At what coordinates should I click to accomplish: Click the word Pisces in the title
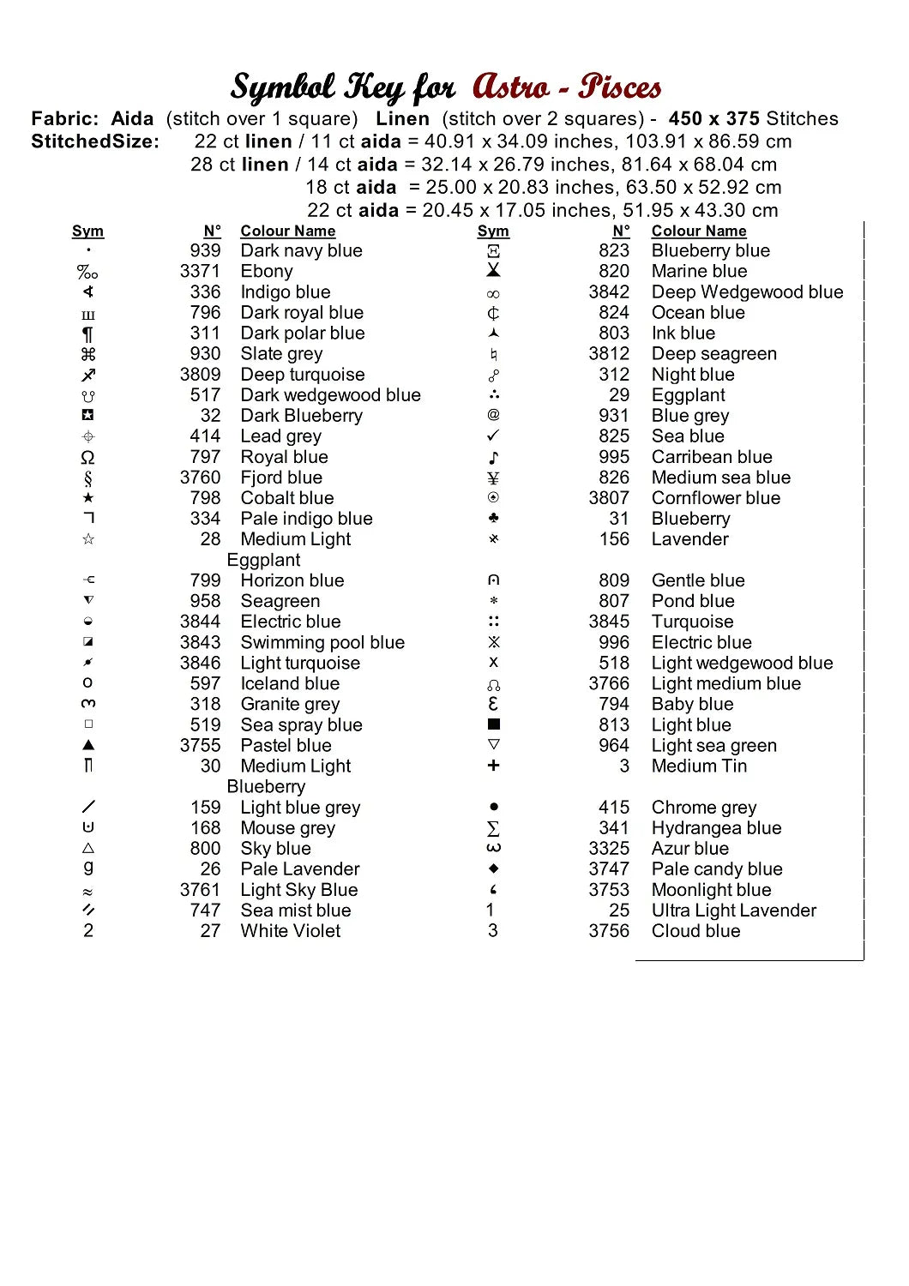click(x=619, y=87)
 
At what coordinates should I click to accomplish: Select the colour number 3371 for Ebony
click(x=200, y=272)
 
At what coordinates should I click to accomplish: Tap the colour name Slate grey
click(x=281, y=354)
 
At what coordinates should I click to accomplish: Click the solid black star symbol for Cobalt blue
click(x=88, y=498)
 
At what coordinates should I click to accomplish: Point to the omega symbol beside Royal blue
click(x=88, y=457)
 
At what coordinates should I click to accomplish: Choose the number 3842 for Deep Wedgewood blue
click(x=609, y=292)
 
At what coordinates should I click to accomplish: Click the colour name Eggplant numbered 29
click(x=688, y=395)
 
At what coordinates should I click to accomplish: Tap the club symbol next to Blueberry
click(x=493, y=518)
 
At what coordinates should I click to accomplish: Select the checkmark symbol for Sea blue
click(x=493, y=436)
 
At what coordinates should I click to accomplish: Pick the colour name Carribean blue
click(x=712, y=457)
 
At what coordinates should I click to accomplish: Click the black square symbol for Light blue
click(x=493, y=724)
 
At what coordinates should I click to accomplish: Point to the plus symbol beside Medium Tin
click(x=493, y=766)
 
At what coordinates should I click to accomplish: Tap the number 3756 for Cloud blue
click(x=609, y=931)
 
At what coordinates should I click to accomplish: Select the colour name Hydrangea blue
click(x=716, y=828)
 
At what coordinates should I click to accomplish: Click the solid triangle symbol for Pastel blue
click(x=88, y=745)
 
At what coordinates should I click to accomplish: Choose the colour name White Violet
click(x=290, y=931)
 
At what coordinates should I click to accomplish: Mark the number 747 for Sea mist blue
click(x=205, y=910)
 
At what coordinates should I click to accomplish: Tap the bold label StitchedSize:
click(x=95, y=141)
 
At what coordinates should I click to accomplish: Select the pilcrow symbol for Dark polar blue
click(x=88, y=334)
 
